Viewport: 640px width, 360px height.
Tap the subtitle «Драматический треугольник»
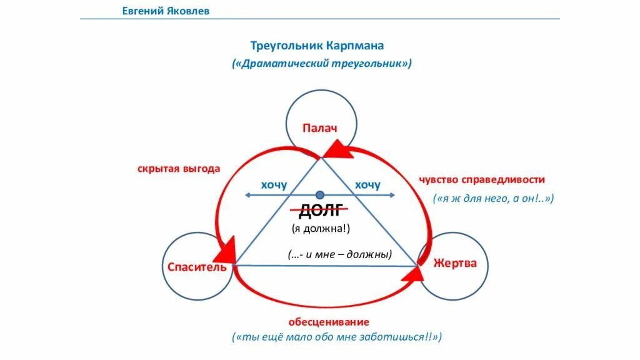[322, 64]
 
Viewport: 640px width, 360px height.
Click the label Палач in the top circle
[320, 129]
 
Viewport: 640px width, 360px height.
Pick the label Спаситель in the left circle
[196, 267]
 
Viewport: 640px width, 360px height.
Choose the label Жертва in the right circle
[455, 263]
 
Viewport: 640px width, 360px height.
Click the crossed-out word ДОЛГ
[321, 211]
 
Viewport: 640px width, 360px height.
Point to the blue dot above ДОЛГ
[321, 195]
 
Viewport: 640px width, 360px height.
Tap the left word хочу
[274, 184]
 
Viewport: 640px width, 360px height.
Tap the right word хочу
[367, 184]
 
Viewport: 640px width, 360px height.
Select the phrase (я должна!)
[321, 229]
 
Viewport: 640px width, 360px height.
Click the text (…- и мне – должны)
[340, 254]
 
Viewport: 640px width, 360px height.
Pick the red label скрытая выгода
[179, 169]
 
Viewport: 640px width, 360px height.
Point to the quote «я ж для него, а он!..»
[494, 198]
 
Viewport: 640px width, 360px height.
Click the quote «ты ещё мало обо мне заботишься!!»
[337, 337]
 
